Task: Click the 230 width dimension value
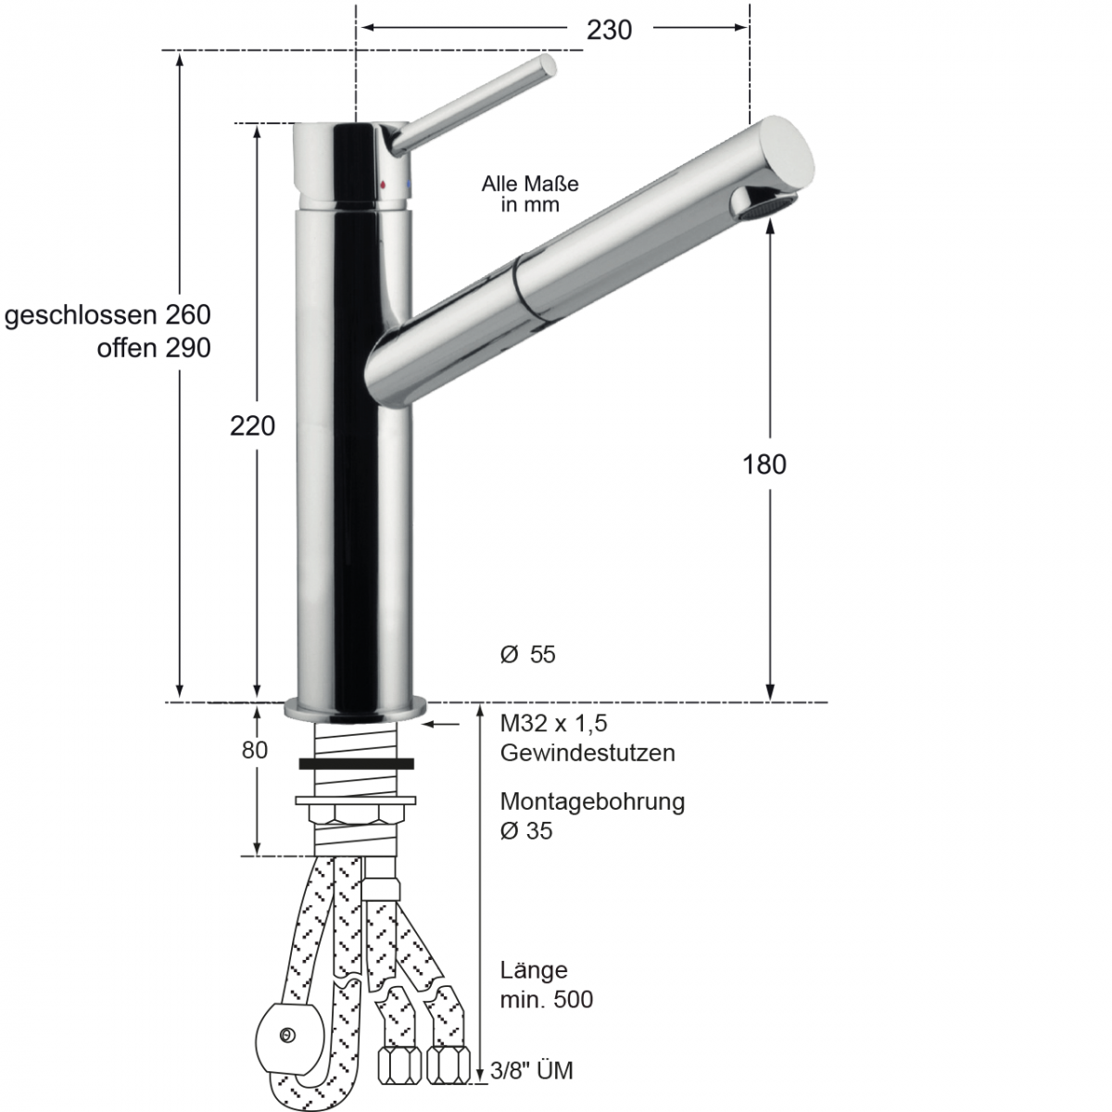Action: pyautogui.click(x=609, y=30)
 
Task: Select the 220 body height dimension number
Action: pyautogui.click(x=253, y=425)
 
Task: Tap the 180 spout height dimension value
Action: pyautogui.click(x=764, y=463)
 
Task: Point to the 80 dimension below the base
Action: pyautogui.click(x=255, y=750)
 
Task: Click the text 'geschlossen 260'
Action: pyautogui.click(x=107, y=315)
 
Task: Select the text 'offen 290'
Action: pyautogui.click(x=154, y=348)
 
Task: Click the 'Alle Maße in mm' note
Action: pyautogui.click(x=530, y=195)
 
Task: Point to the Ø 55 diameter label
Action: pyautogui.click(x=527, y=654)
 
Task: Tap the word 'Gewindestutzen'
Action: pyautogui.click(x=588, y=752)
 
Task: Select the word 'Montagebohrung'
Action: pyautogui.click(x=592, y=802)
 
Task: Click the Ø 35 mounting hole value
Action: pyautogui.click(x=525, y=831)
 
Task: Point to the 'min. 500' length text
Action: pyautogui.click(x=547, y=1000)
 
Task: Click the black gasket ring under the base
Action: pyautogui.click(x=357, y=764)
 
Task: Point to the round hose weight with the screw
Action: pyautogui.click(x=287, y=1036)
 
